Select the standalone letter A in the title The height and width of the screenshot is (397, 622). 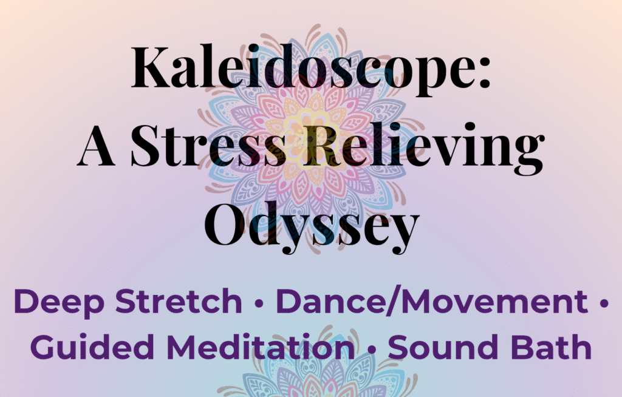pos(97,146)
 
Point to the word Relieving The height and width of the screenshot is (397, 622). pos(423,148)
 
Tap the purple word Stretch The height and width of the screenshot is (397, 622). pos(179,302)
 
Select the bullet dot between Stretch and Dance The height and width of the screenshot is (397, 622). pos(259,304)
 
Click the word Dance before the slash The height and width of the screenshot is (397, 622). pos(332,302)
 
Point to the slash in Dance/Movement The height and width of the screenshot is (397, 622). pos(394,302)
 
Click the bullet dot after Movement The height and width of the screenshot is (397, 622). pos(604,304)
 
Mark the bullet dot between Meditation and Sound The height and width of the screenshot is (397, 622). pos(372,350)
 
